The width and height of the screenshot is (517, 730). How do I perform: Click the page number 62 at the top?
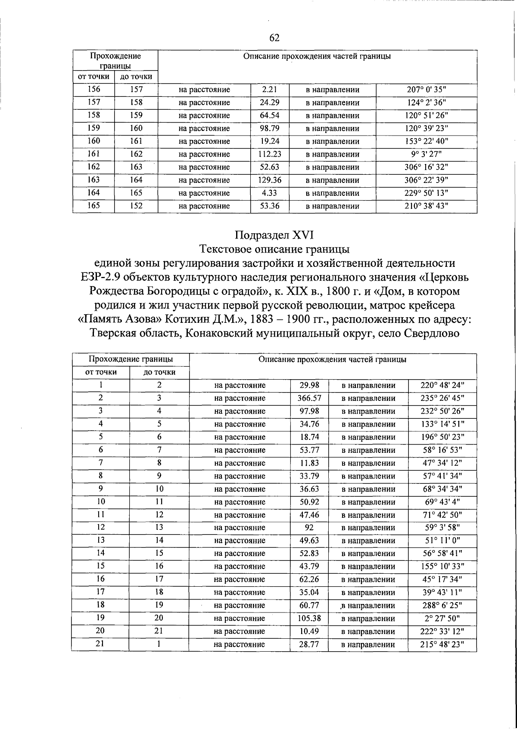[x=274, y=38]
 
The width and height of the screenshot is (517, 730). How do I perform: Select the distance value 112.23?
[x=270, y=154]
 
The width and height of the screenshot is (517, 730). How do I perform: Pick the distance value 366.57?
[x=309, y=398]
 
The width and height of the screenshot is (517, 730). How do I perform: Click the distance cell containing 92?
[x=309, y=528]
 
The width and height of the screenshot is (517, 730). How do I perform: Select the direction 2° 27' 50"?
[x=442, y=619]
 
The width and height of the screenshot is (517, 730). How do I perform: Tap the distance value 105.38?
[x=309, y=619]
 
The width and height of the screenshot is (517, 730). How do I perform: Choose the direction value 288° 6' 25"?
[x=442, y=606]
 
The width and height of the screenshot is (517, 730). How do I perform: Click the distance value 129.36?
[x=270, y=180]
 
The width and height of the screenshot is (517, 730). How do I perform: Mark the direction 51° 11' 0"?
[x=442, y=541]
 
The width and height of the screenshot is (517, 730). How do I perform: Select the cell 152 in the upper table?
[x=136, y=206]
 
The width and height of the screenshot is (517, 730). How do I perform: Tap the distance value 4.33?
[x=270, y=193]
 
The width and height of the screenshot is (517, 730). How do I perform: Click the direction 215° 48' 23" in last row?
[x=442, y=645]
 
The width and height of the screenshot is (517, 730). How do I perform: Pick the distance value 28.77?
[x=309, y=645]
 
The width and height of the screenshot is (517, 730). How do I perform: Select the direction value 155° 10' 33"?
[x=442, y=566]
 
